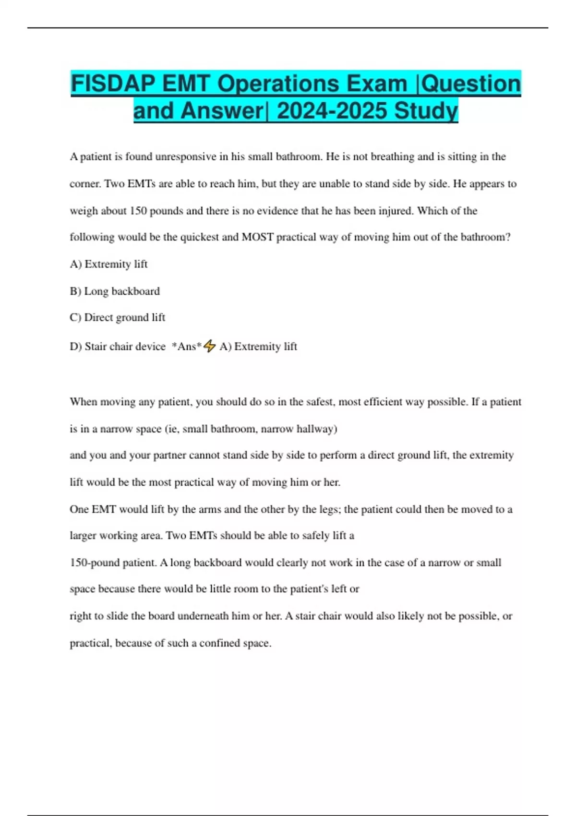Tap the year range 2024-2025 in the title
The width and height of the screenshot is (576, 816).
tap(332, 111)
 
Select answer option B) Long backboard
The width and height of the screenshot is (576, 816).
tap(115, 291)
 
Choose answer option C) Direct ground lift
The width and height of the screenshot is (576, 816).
tap(117, 317)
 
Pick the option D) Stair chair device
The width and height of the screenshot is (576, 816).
tap(118, 347)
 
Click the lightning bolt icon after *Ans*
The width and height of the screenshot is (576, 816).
tap(209, 346)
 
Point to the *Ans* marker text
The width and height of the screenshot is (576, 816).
tap(187, 347)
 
